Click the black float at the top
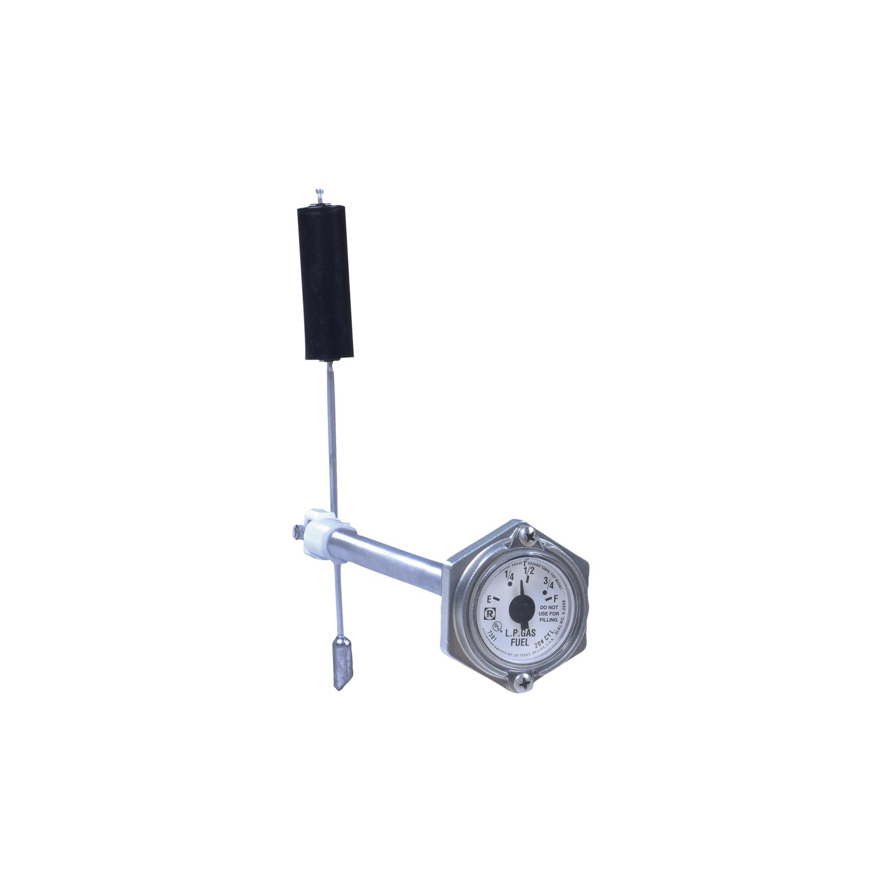tap(325, 283)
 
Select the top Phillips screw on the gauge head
tap(530, 533)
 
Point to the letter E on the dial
tap(489, 598)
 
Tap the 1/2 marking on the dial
tap(529, 569)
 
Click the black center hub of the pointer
tap(521, 609)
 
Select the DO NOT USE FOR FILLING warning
tap(545, 613)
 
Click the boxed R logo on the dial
tap(488, 613)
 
